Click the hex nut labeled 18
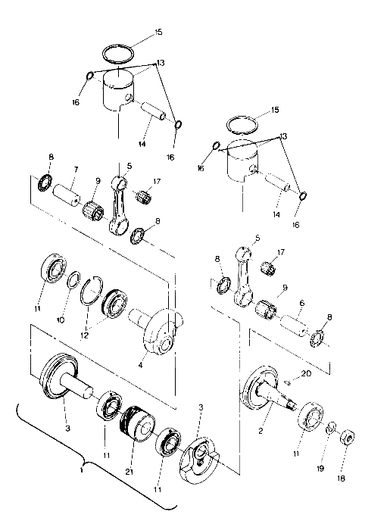(x=346, y=438)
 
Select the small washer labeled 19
(x=331, y=430)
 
